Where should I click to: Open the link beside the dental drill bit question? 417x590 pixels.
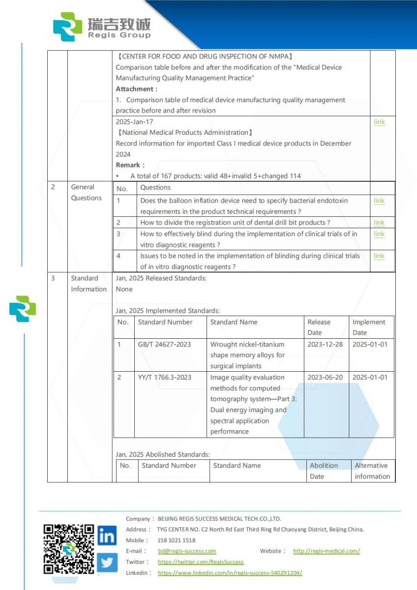[379, 223]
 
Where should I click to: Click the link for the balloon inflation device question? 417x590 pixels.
[379, 201]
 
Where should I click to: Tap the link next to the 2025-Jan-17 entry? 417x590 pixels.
[379, 122]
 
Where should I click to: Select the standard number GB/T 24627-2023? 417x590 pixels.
[164, 344]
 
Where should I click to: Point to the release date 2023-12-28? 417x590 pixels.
[325, 344]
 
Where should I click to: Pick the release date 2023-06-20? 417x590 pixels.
[325, 377]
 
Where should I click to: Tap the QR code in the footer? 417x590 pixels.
[68, 549]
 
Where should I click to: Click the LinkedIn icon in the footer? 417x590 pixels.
[107, 535]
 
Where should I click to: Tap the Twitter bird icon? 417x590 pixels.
[107, 562]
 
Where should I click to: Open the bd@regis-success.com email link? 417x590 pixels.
[187, 551]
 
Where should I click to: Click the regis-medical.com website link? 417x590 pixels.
[327, 551]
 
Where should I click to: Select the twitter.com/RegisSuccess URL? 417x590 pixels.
[201, 562]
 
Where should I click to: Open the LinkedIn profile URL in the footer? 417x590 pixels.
[230, 573]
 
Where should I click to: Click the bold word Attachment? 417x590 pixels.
[135, 89]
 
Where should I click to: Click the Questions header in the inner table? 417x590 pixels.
[155, 187]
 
